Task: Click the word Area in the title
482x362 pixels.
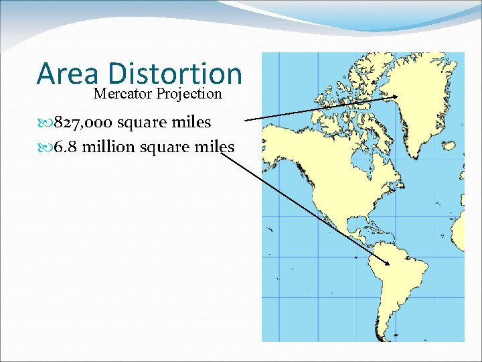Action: pos(68,74)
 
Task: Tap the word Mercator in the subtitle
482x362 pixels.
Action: pos(123,94)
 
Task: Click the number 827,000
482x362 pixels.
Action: pos(84,123)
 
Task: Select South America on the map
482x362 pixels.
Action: pos(402,282)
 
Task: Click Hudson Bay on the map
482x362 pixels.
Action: pos(365,154)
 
